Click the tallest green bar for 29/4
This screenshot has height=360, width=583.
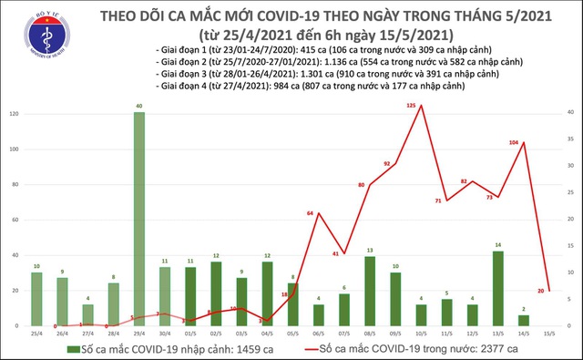(x=138, y=219)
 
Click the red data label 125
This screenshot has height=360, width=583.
(x=411, y=107)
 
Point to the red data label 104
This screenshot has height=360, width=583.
(x=515, y=143)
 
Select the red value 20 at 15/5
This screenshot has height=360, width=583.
(x=542, y=291)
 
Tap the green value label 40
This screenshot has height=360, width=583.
(x=138, y=107)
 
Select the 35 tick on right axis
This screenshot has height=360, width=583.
(x=569, y=140)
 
